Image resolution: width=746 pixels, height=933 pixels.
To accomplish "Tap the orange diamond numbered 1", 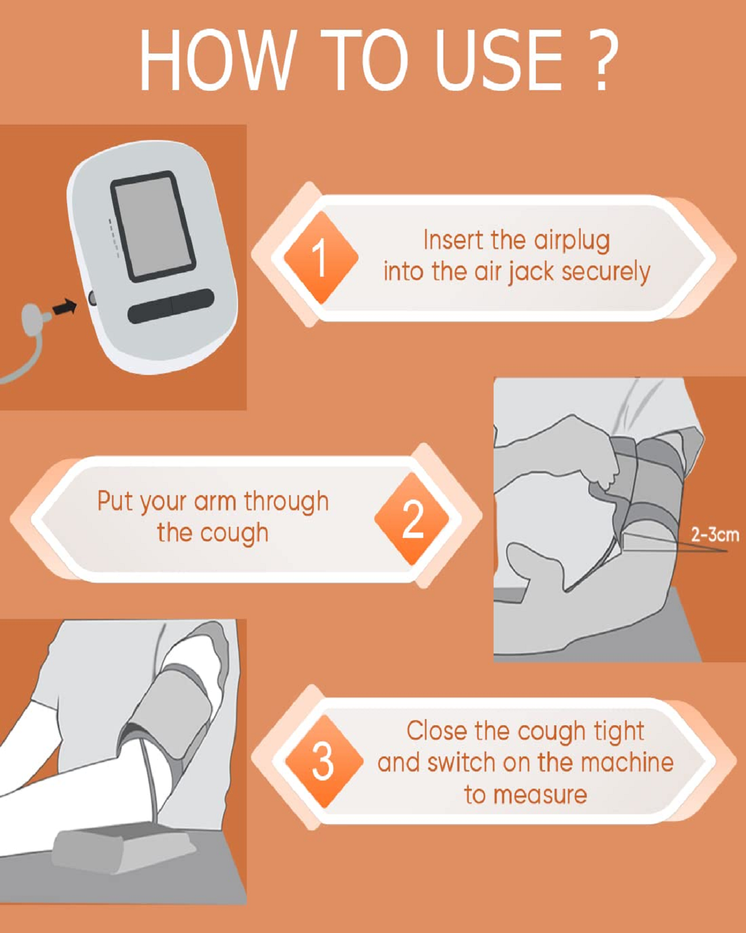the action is [x=321, y=258].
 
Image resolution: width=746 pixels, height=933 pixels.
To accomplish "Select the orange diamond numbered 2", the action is [x=412, y=519].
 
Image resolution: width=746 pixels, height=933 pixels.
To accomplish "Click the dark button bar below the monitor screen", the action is [x=171, y=306].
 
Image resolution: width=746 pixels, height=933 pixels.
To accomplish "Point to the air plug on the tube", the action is [x=35, y=318].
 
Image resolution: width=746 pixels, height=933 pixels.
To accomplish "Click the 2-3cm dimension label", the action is [x=715, y=535].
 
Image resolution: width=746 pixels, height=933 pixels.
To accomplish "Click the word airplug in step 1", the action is [x=572, y=241].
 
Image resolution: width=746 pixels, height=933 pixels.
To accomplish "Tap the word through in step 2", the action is [x=286, y=503].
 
